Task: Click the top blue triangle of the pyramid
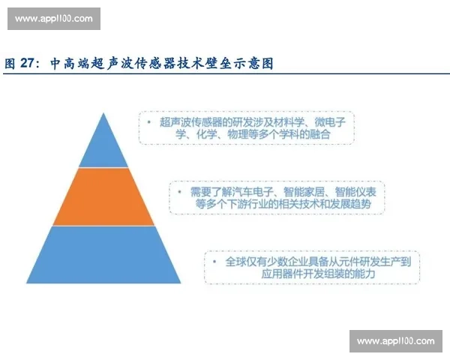tap(103, 146)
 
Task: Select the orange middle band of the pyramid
tap(103, 196)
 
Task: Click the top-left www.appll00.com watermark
tap(53, 17)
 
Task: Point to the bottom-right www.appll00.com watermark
tap(395, 341)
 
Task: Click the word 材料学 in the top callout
tap(283, 121)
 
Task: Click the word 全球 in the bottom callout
tap(236, 261)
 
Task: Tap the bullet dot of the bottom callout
tap(216, 261)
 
